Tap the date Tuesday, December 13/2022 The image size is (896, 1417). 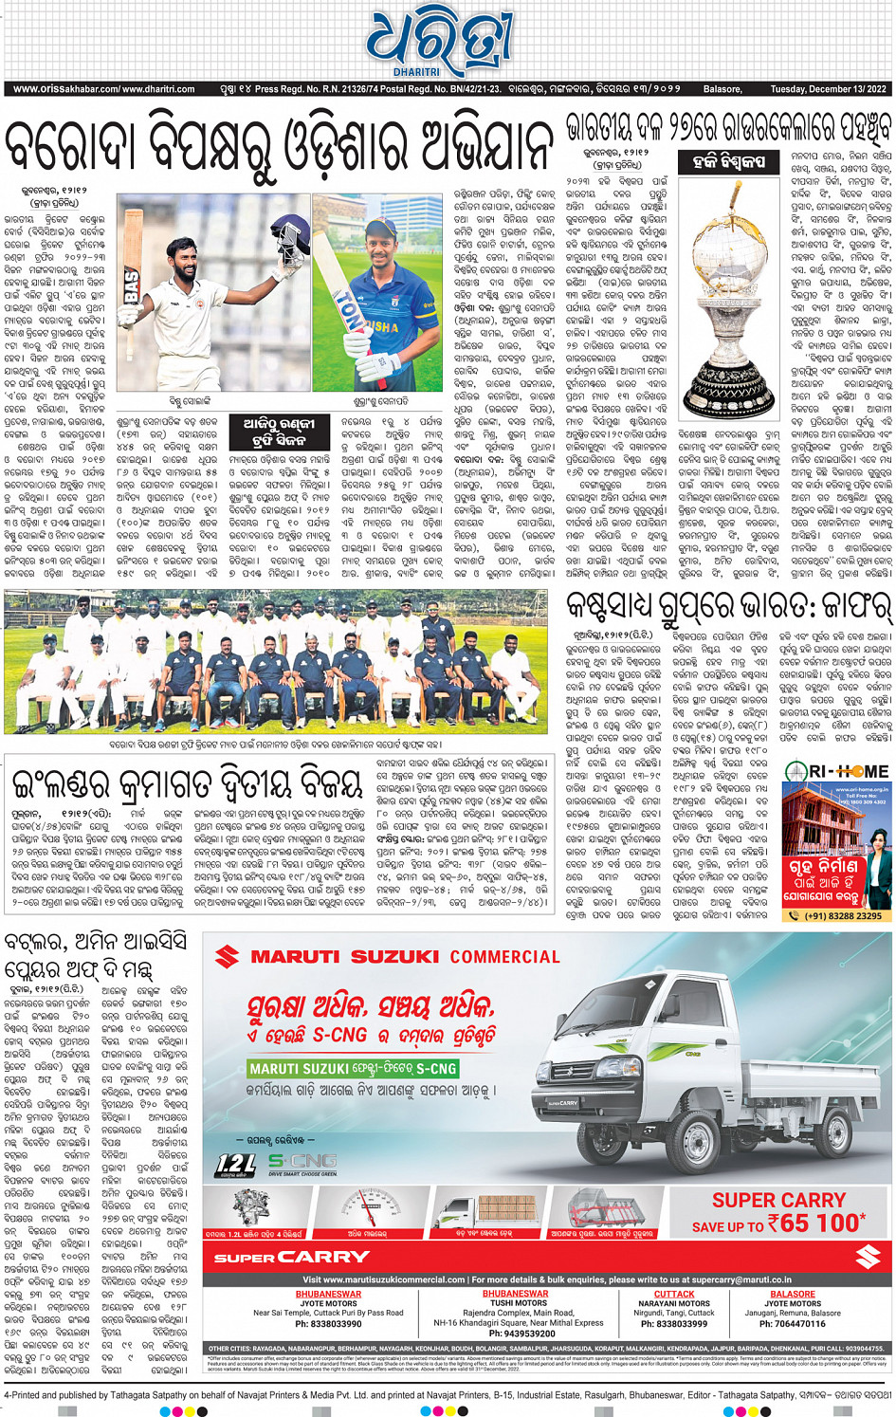(828, 89)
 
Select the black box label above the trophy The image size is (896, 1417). (728, 162)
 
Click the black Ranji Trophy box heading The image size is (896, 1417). (278, 432)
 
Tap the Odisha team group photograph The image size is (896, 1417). (275, 673)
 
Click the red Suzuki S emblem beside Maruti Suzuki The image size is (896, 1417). (227, 956)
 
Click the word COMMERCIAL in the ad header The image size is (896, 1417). (504, 957)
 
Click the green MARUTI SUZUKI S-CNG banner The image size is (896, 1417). (353, 1068)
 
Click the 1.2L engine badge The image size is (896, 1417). (236, 1164)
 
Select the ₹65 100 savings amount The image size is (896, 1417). (817, 1224)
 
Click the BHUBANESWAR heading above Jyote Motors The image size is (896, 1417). (328, 1294)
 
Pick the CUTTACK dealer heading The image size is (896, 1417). (674, 1294)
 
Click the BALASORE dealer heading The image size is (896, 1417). (793, 1294)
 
